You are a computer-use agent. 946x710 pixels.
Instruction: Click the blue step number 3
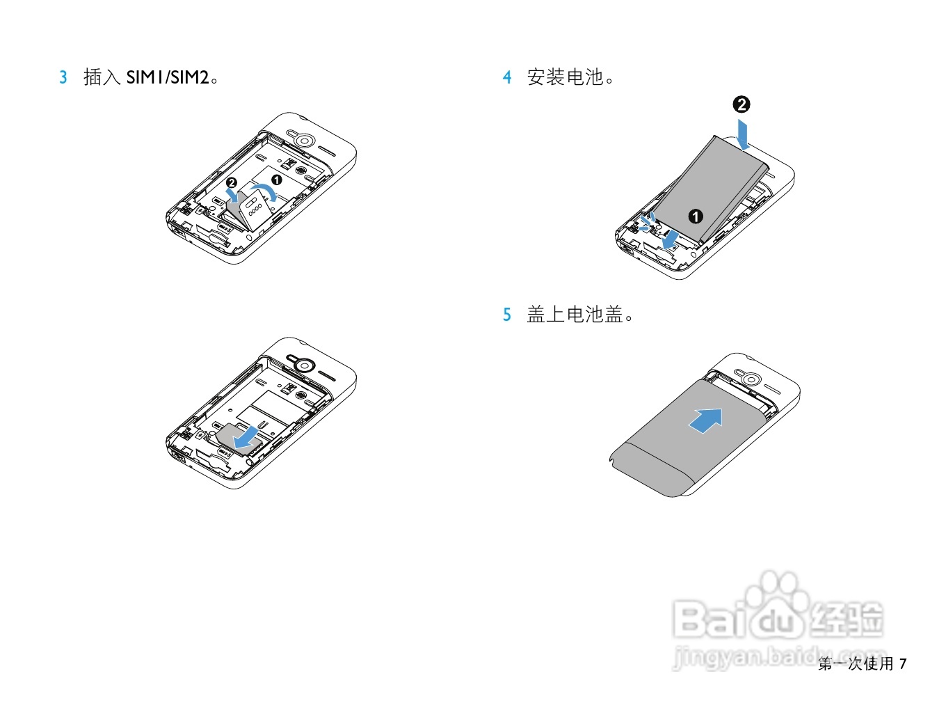[63, 77]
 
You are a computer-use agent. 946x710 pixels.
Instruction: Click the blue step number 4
[507, 77]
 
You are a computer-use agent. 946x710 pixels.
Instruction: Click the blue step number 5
[507, 315]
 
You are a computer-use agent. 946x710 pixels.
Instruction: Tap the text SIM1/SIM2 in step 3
[168, 77]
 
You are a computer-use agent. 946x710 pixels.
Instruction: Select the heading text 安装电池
[565, 77]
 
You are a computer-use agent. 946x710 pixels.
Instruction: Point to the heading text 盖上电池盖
[575, 315]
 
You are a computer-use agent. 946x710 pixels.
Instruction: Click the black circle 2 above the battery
[741, 104]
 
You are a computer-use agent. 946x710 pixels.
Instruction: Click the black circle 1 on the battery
[696, 216]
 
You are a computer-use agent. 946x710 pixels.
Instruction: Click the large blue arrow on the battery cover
[707, 420]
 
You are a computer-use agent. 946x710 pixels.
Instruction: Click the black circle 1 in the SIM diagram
[276, 180]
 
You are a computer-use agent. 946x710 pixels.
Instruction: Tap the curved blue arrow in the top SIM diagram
[264, 191]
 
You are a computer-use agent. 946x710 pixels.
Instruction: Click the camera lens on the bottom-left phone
[303, 365]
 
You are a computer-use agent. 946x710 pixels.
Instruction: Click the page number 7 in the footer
[903, 664]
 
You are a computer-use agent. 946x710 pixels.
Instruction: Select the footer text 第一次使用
[856, 664]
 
